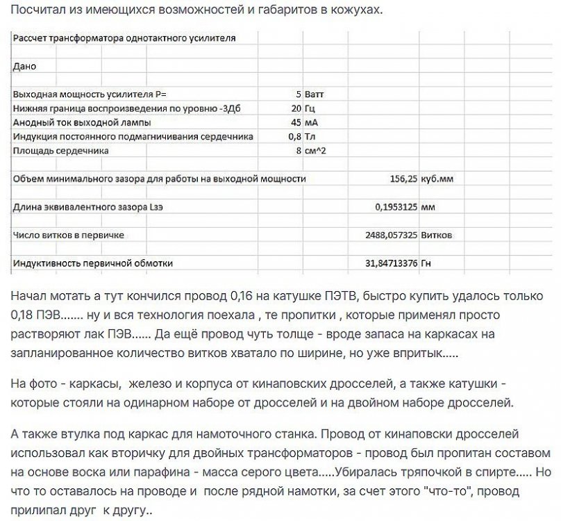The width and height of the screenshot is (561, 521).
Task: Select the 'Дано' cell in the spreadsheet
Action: [24, 67]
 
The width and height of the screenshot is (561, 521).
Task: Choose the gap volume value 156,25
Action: [401, 179]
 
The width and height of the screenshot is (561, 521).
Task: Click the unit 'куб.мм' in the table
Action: [437, 179]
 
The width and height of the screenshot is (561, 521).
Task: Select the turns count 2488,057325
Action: [391, 235]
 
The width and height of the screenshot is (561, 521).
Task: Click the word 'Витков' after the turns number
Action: [437, 235]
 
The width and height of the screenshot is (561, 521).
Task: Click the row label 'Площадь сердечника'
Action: [61, 150]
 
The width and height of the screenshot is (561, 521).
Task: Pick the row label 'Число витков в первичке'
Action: [69, 235]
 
